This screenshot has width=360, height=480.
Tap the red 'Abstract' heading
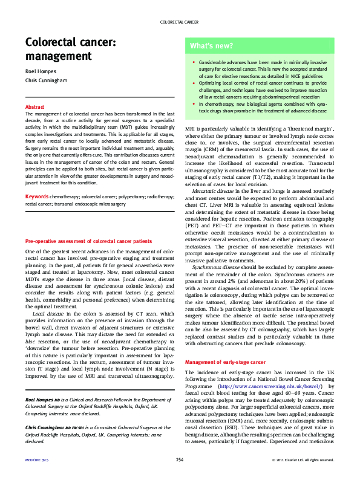(34, 106)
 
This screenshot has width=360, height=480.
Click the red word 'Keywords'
(36, 196)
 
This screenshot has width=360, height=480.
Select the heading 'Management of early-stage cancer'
(225, 362)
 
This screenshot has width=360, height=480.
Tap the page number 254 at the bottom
(180, 461)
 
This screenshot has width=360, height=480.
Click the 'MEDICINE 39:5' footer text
(37, 461)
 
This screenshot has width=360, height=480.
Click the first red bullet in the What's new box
(193, 62)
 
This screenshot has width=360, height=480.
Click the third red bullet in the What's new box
(193, 104)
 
